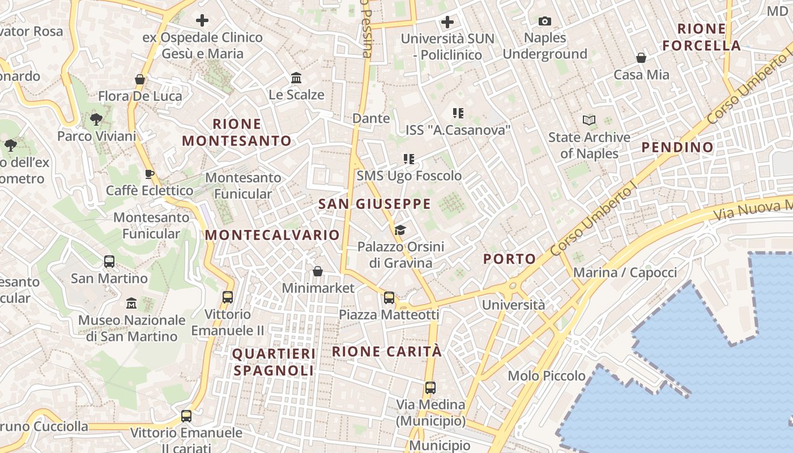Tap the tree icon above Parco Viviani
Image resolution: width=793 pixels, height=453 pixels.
(x=96, y=119)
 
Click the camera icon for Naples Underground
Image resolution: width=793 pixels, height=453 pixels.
(x=544, y=22)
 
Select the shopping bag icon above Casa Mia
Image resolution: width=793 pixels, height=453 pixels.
(x=641, y=58)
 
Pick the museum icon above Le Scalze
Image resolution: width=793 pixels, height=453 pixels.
(x=296, y=78)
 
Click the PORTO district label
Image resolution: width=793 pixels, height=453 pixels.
(x=509, y=259)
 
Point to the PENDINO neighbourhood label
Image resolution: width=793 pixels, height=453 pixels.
(x=677, y=147)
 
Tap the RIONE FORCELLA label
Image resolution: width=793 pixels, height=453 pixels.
(x=702, y=37)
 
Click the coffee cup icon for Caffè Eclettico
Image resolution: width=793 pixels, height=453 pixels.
(x=150, y=174)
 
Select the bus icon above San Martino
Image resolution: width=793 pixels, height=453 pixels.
(x=109, y=262)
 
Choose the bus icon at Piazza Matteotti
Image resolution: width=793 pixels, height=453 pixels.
(x=389, y=298)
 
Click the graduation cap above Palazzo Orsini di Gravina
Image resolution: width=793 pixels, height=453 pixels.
(x=400, y=230)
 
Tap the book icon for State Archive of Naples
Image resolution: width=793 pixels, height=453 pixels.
(x=589, y=120)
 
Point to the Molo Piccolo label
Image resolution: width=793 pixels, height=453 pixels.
(x=547, y=375)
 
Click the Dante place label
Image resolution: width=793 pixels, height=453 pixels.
(x=371, y=118)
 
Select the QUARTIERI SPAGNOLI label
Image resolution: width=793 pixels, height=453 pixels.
(x=274, y=362)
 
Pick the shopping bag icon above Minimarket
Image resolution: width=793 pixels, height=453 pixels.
(x=318, y=272)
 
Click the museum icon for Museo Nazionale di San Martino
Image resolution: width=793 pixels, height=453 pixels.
(x=132, y=304)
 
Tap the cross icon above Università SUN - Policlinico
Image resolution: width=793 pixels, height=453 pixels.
(x=447, y=22)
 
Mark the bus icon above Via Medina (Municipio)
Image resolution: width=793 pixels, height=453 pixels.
(x=430, y=388)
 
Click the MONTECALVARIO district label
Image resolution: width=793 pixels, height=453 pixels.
(x=272, y=235)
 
